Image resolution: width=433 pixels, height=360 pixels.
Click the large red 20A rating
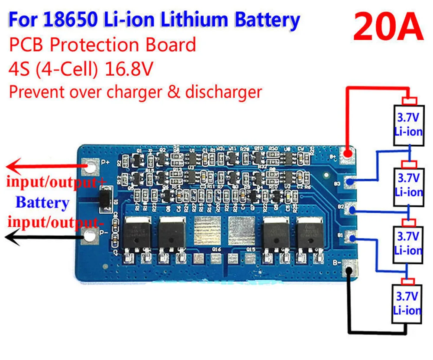(x=388, y=27)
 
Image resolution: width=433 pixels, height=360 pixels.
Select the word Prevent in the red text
(x=34, y=92)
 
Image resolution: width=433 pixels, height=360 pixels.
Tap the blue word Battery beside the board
(x=42, y=202)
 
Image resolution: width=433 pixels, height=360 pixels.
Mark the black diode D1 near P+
(x=104, y=201)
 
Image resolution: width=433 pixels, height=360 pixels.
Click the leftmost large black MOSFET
(x=138, y=234)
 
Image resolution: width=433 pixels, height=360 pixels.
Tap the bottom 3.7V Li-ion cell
(x=407, y=303)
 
